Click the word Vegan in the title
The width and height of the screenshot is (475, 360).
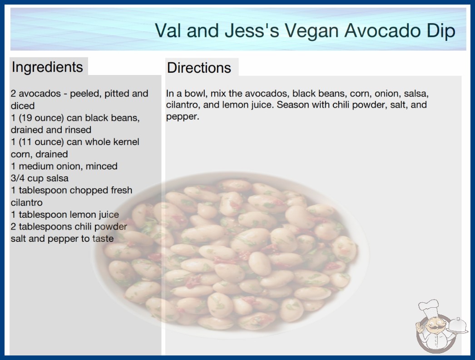[312, 31]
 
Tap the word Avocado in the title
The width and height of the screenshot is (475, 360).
[382, 30]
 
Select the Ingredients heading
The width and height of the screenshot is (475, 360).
[47, 67]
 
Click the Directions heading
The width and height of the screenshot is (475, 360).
[199, 68]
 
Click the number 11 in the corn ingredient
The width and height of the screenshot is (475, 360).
[26, 142]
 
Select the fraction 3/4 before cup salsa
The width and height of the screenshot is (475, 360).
[18, 178]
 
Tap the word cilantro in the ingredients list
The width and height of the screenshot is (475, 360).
[27, 202]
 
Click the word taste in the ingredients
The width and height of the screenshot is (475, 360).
[103, 239]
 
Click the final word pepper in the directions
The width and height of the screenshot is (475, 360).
[183, 117]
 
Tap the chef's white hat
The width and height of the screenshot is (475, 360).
[429, 307]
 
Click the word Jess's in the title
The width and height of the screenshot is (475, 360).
[252, 30]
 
